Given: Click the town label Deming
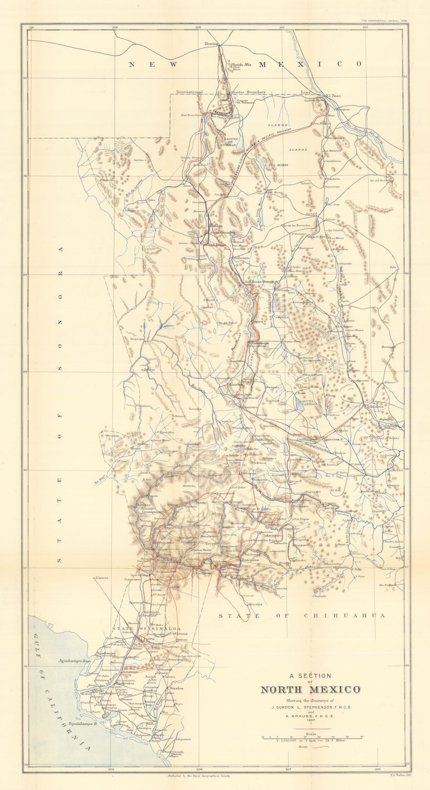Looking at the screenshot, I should point(211,43).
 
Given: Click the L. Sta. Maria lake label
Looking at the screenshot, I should point(276,164).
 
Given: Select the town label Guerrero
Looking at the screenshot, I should point(251,406).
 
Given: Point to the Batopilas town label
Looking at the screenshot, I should point(249,560).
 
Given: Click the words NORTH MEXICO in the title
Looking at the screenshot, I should point(310,690).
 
